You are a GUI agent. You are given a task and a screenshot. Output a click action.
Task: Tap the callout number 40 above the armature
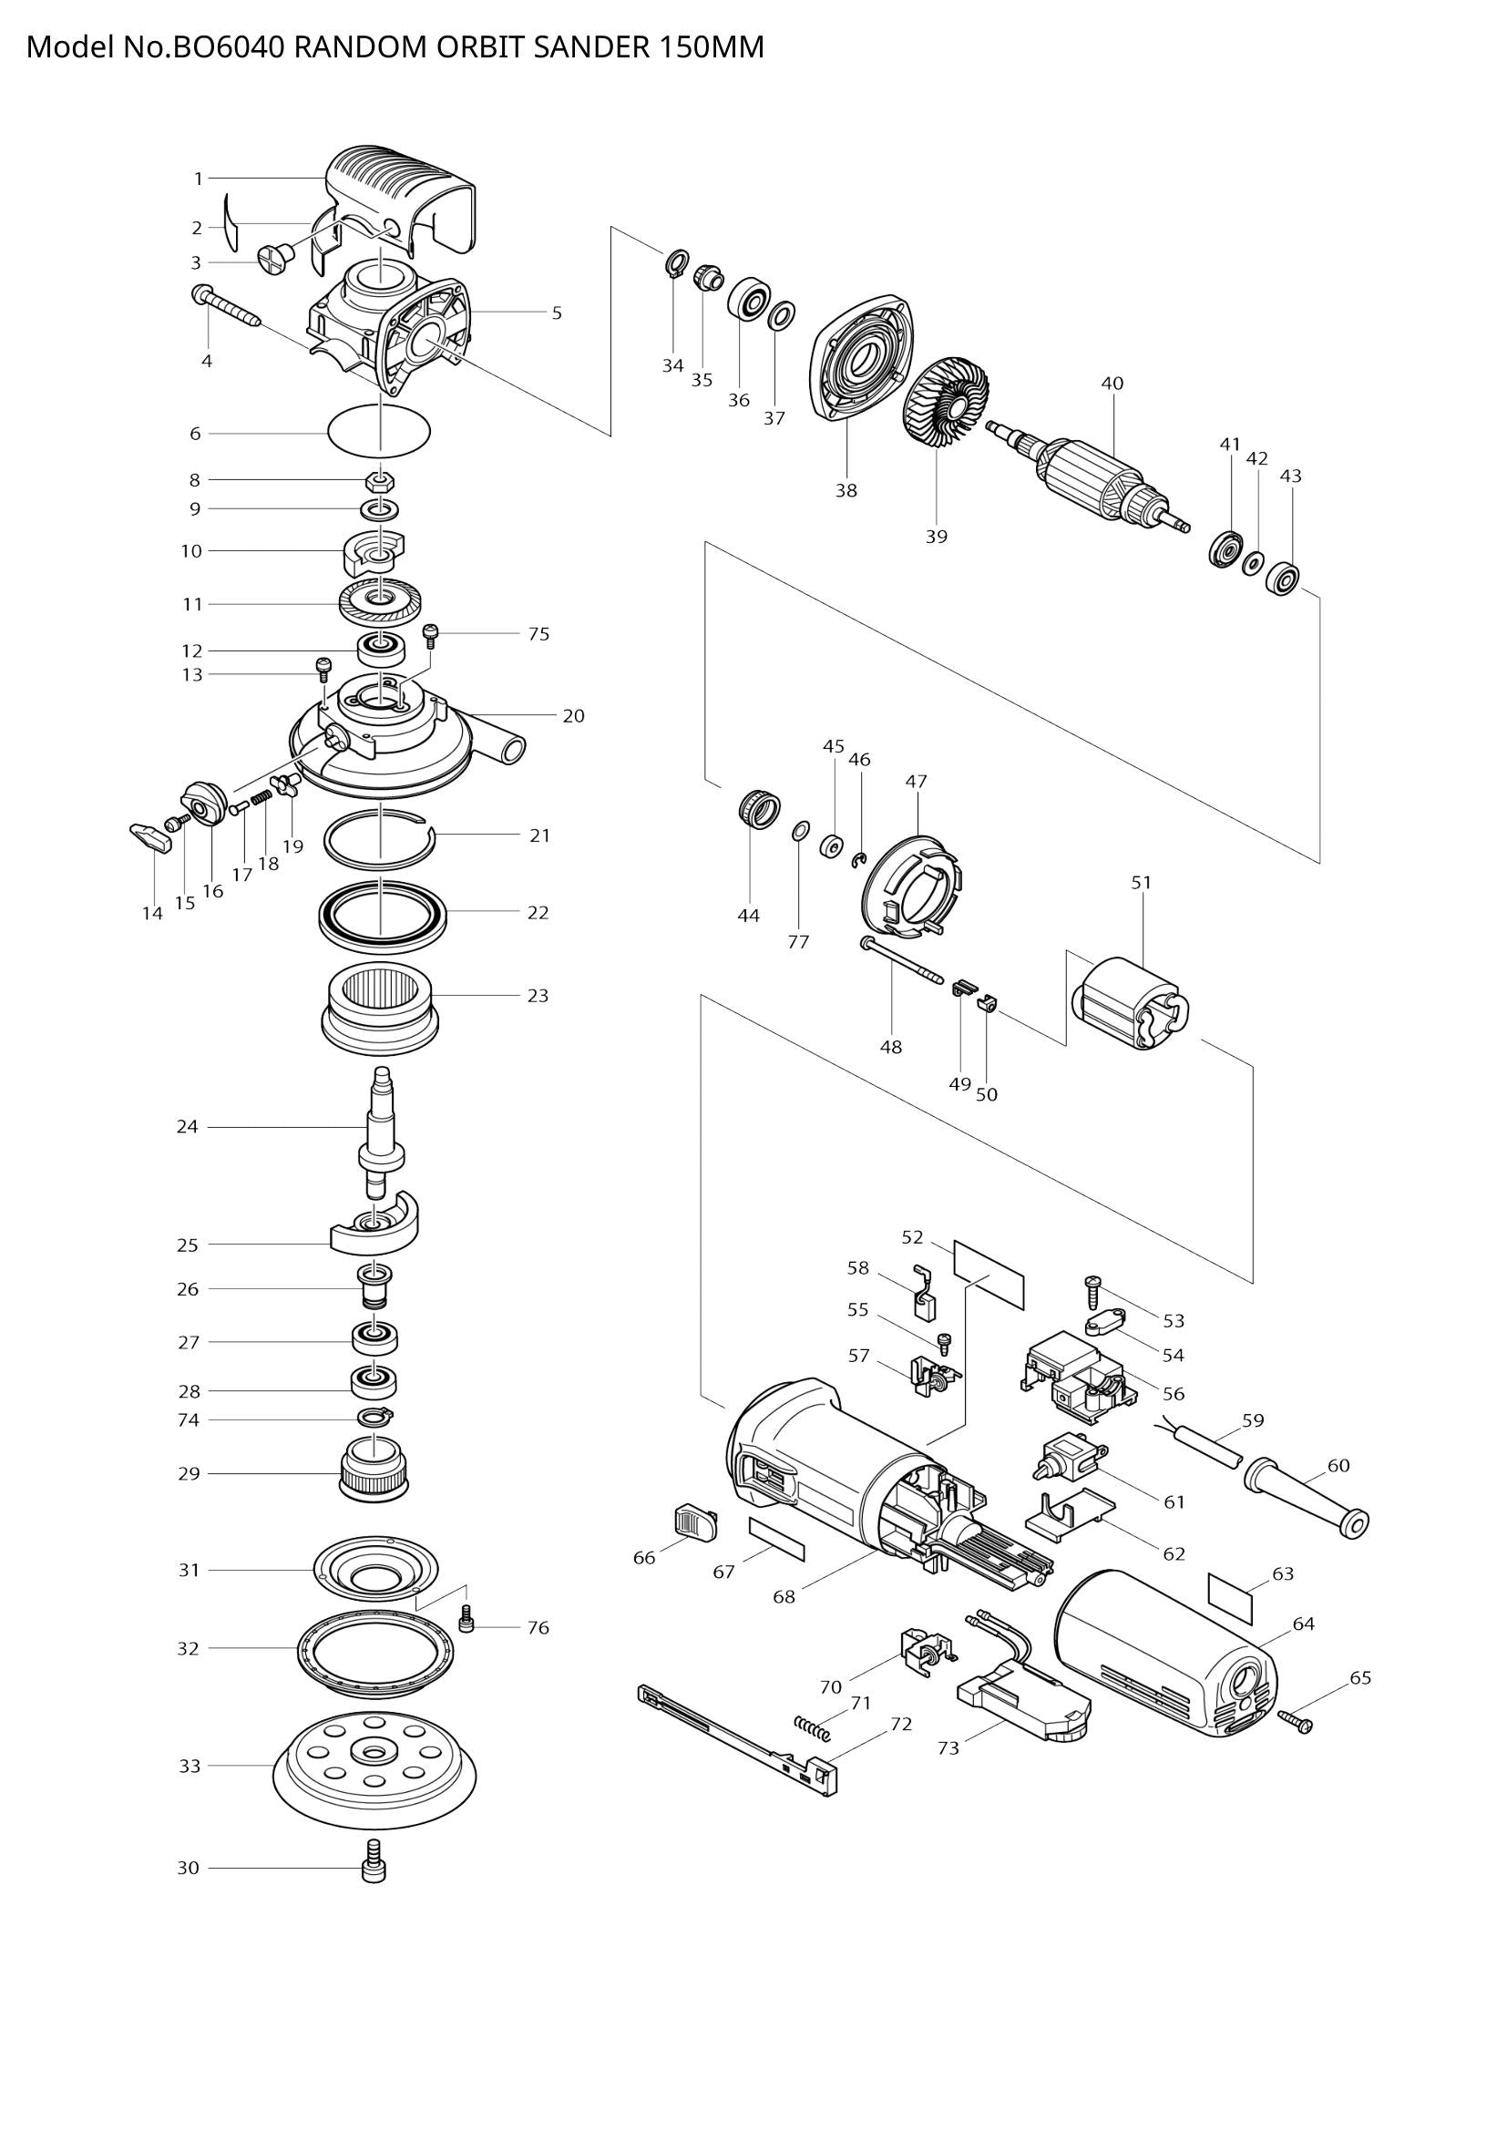[1112, 384]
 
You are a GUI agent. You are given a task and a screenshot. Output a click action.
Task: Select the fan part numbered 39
[946, 405]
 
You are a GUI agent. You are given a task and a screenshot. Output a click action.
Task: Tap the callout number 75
[538, 634]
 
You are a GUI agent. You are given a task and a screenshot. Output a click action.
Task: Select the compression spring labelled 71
[814, 1728]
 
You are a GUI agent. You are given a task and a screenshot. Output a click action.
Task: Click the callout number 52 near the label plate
[912, 1237]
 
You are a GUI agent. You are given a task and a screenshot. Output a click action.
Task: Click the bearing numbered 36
[748, 300]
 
